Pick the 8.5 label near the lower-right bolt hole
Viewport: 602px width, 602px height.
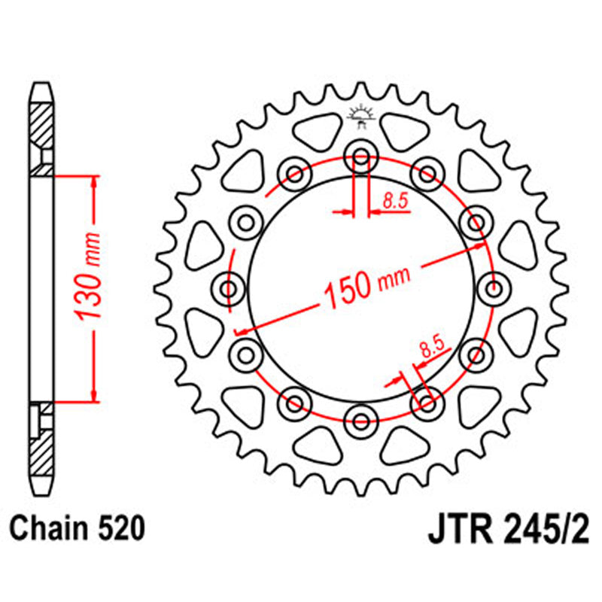click(x=431, y=348)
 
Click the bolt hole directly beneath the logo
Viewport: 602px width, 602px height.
click(x=360, y=158)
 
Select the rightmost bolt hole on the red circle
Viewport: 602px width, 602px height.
click(x=494, y=287)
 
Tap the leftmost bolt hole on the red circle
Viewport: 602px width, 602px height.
click(x=229, y=287)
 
